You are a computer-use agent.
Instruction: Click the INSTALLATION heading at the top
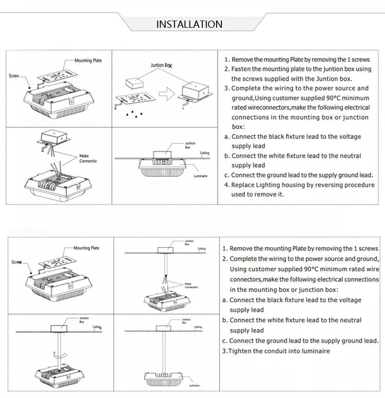click(189, 24)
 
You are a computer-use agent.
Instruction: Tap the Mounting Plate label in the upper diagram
click(88, 61)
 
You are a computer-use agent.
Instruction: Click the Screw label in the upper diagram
click(14, 76)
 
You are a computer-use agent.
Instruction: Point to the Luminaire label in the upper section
click(200, 176)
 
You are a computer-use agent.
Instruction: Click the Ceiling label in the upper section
click(204, 153)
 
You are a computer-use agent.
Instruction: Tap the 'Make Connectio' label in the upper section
click(87, 158)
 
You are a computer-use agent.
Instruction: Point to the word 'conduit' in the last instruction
click(277, 351)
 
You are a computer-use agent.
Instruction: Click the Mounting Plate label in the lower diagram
click(86, 248)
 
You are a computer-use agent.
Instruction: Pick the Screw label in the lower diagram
click(16, 262)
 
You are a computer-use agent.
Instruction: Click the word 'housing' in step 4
click(298, 185)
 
